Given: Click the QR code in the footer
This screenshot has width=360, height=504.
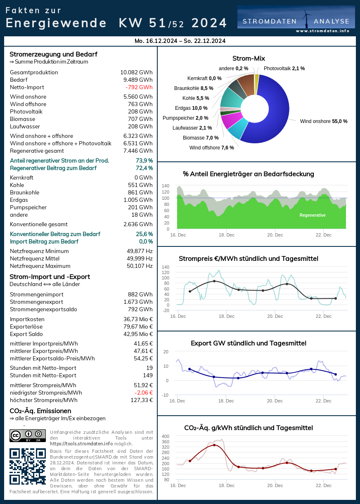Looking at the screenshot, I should tap(27, 466).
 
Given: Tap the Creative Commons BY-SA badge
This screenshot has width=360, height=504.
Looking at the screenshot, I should tap(27, 435).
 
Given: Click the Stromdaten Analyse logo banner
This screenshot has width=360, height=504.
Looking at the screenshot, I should tap(296, 19).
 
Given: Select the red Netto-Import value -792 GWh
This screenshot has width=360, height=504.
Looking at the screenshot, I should tap(139, 87).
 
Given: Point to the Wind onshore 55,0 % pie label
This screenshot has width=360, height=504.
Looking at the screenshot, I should tap(324, 121).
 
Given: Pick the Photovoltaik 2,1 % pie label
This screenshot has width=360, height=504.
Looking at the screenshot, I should tap(284, 69).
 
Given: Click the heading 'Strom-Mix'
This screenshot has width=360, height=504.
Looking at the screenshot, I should tap(249, 58).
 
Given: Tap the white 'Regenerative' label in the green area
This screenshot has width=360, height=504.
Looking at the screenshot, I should tap(313, 215).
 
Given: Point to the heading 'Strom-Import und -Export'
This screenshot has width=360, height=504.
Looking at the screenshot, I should tap(50, 277).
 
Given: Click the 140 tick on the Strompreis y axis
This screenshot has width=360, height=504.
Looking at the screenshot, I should tap(165, 267).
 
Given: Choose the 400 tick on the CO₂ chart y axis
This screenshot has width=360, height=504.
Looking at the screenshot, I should tap(165, 436).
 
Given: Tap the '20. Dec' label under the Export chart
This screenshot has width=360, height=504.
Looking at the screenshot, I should tap(275, 401).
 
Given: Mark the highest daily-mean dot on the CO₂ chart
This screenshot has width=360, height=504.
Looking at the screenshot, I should tap(214, 445).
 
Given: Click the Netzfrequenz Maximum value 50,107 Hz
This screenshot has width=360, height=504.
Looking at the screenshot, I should tap(140, 266).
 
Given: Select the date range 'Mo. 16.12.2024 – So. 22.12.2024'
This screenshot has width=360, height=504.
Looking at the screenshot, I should tap(180, 41).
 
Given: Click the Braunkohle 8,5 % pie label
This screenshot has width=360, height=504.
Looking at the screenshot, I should tap(194, 88).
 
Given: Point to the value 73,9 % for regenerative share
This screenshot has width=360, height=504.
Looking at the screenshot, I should tap(144, 161).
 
